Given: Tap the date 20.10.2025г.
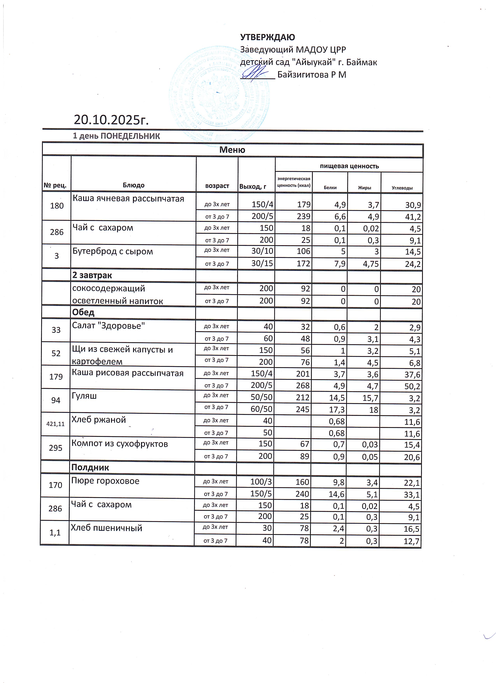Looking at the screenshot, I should pyautogui.click(x=111, y=120).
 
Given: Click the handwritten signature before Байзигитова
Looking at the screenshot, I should pyautogui.click(x=256, y=73).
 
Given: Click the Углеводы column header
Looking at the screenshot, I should pyautogui.click(x=402, y=188).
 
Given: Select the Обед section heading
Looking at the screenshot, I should pyautogui.click(x=83, y=312).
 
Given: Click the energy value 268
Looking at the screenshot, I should pyautogui.click(x=302, y=386).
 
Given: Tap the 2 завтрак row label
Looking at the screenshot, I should pyautogui.click(x=92, y=275).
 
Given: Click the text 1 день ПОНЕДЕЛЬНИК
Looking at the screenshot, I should pyautogui.click(x=117, y=136).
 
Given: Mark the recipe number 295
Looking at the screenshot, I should pyautogui.click(x=56, y=448).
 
